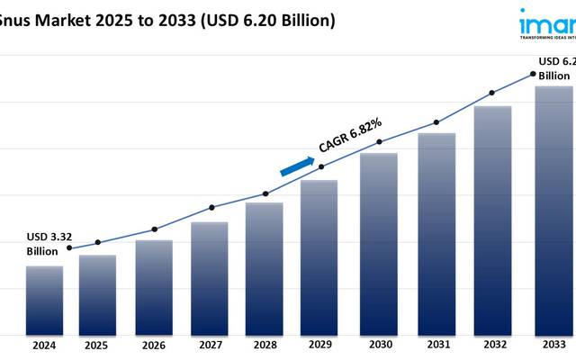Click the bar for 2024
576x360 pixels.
coord(44,300)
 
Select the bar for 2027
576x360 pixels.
coord(209,278)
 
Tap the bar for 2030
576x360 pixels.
coord(379,243)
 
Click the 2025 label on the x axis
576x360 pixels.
coord(97,345)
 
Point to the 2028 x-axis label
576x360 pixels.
coord(265,345)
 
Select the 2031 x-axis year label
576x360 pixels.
coord(436,345)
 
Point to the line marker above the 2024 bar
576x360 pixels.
coord(70,248)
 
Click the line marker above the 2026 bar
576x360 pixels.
coord(154,229)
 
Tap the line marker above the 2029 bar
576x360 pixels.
coord(321,166)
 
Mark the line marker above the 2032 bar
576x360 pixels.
coord(491,92)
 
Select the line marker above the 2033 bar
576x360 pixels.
coord(533,74)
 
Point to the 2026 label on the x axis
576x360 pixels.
coord(153,345)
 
